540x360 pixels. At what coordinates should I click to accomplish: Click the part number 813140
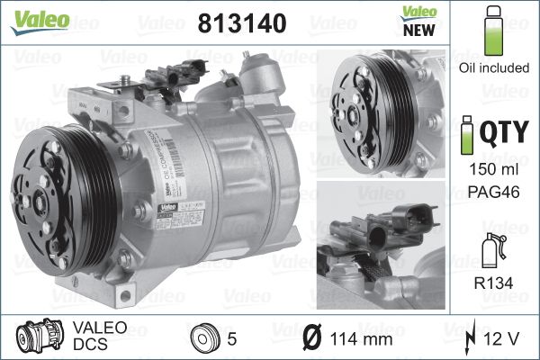tap(240, 24)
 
